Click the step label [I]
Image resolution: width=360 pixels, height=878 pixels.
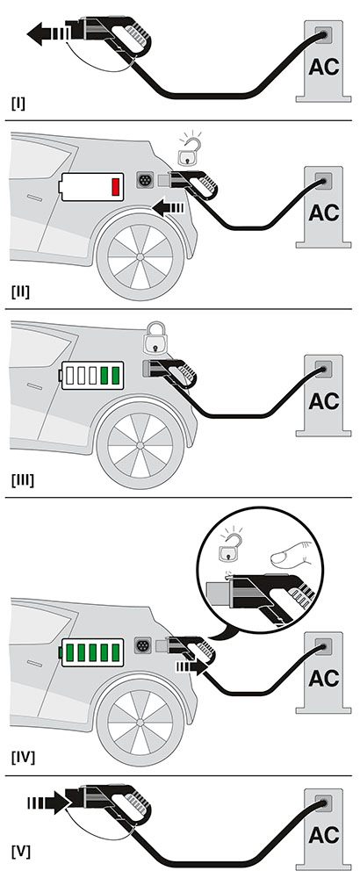[x=18, y=103]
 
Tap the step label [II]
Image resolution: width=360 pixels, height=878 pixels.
[x=21, y=291]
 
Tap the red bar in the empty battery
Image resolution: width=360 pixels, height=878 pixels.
[x=114, y=187]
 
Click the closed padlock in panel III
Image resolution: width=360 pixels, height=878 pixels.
[x=157, y=338]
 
